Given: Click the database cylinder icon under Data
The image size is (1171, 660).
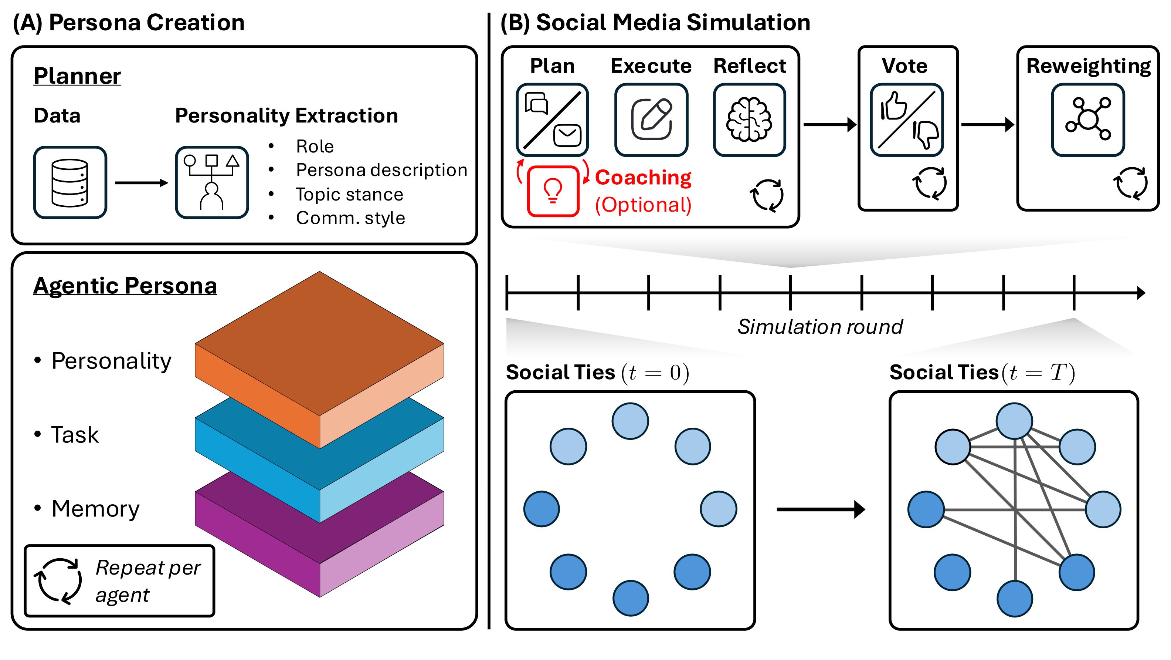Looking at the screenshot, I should pyautogui.click(x=70, y=182).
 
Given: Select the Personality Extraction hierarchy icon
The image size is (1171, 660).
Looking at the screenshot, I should pyautogui.click(x=212, y=182).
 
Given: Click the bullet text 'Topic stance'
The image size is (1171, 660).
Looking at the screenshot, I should pyautogui.click(x=349, y=194).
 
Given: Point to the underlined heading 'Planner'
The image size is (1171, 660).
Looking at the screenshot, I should pyautogui.click(x=77, y=75).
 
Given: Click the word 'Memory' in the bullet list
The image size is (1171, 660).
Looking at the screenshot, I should pyautogui.click(x=95, y=509).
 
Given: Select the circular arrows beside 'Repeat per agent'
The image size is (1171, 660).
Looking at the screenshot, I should pyautogui.click(x=58, y=581).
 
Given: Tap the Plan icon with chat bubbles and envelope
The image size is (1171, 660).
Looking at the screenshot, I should pyautogui.click(x=552, y=119).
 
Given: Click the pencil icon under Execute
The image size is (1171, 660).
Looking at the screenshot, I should pyautogui.click(x=651, y=119).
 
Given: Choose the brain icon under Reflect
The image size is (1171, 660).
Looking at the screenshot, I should pyautogui.click(x=749, y=119).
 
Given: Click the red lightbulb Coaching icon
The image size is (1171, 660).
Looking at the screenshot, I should pyautogui.click(x=553, y=191).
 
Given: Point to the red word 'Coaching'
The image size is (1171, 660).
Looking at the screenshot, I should pyautogui.click(x=643, y=178).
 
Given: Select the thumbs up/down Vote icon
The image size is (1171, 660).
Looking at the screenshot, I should pyautogui.click(x=906, y=119).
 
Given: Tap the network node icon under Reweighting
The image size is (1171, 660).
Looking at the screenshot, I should pyautogui.click(x=1088, y=119).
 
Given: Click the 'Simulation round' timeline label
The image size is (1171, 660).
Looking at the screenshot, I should pyautogui.click(x=819, y=327).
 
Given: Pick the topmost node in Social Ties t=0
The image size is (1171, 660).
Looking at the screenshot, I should pyautogui.click(x=630, y=421).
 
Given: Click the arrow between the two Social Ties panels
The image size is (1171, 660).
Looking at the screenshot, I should pyautogui.click(x=821, y=509).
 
